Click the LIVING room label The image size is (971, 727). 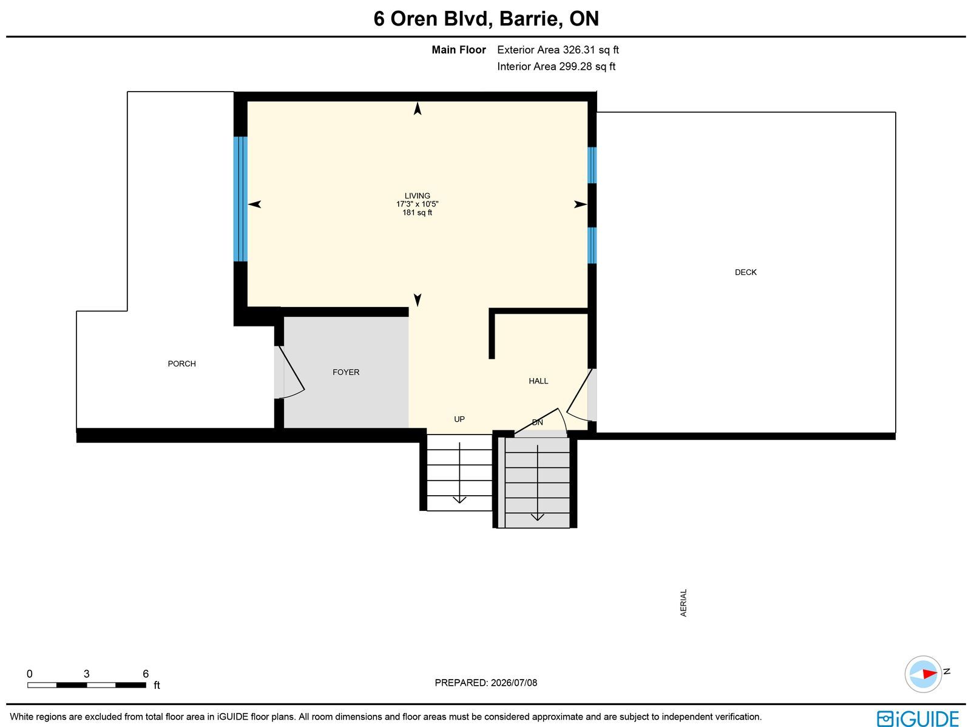pos(417,195)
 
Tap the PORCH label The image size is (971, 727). pos(182,363)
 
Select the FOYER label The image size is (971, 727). pos(346,373)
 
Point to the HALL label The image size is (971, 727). pos(538,380)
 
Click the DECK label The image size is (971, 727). pos(746,272)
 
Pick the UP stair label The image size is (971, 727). pos(459,419)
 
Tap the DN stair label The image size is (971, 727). pos(538,422)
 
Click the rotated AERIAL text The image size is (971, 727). pos(683,603)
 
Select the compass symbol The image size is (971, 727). pos(923,674)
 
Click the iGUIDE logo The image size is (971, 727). pos(918,718)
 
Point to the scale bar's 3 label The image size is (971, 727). pos(87,674)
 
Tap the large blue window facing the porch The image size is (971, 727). pos(240,199)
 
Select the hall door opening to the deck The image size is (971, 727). pos(580,395)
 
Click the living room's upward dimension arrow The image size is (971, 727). pos(417,109)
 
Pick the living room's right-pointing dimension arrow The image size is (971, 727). pos(580,205)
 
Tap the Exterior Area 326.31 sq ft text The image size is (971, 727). pos(558,50)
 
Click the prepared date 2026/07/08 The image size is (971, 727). pos(514,683)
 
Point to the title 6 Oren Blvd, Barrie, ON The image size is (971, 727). pos(486,19)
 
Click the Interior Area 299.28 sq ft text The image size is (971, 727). pos(556,66)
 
